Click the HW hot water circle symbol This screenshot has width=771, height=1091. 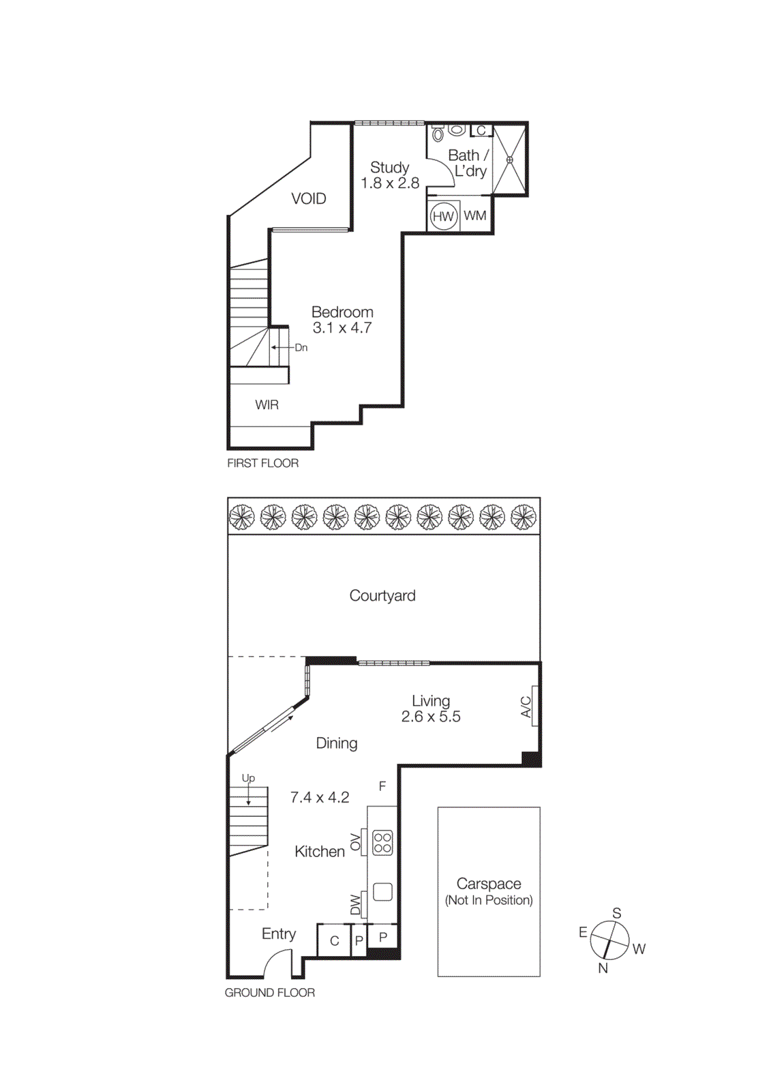443,216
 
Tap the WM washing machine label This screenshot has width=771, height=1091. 475,215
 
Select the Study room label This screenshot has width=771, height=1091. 389,167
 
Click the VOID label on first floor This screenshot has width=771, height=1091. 308,198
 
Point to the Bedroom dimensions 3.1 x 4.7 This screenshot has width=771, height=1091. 342,328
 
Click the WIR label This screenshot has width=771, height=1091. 267,405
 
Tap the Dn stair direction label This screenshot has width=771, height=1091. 301,348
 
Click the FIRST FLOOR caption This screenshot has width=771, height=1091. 262,463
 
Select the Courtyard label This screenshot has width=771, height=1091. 382,596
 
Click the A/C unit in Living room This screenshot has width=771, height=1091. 534,706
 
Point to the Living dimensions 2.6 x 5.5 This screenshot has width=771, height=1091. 431,717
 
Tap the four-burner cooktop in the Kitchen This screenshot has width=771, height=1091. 382,843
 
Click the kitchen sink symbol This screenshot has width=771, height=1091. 382,891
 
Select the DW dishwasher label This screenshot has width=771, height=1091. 355,904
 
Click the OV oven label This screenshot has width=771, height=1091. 355,842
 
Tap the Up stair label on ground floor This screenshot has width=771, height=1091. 248,778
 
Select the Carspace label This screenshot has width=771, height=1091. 489,884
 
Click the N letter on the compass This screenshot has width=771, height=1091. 603,968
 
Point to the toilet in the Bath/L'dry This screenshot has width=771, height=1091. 438,134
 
